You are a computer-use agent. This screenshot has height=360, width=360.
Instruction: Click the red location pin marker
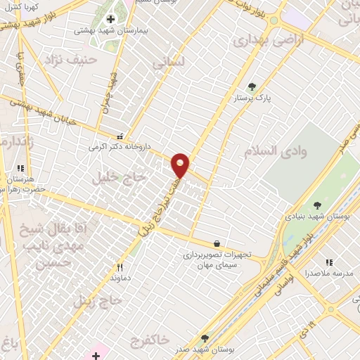pos(181,165)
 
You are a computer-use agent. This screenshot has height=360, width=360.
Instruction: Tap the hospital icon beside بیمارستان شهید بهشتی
pos(110,18)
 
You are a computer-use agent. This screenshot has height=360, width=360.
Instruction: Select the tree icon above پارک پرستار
pos(252,86)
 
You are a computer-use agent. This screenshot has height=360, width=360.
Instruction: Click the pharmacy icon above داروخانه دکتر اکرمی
pos(120,136)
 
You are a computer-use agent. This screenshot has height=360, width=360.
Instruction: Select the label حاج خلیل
pos(119,179)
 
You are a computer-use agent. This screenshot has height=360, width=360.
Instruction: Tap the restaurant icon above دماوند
pos(120,266)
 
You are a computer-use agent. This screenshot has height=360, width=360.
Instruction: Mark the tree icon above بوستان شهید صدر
pos(205,337)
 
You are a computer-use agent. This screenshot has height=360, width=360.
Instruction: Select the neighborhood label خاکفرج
pos(149,340)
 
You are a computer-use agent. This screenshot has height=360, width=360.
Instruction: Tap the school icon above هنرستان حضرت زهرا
pos(20,169)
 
